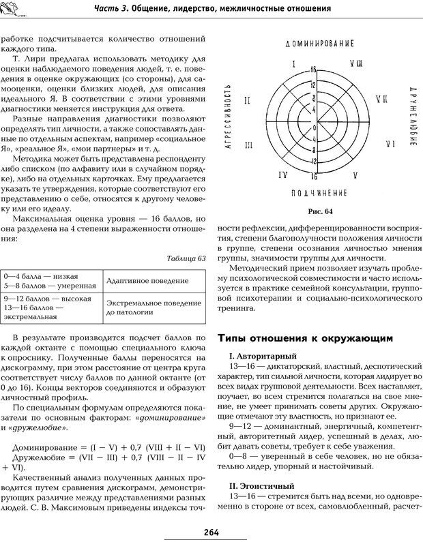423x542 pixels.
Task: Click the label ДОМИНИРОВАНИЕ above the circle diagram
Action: click(315, 43)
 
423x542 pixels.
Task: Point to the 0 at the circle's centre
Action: click(315, 128)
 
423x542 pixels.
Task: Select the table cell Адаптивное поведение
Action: click(142, 281)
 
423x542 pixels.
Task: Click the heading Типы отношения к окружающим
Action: click(304, 337)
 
